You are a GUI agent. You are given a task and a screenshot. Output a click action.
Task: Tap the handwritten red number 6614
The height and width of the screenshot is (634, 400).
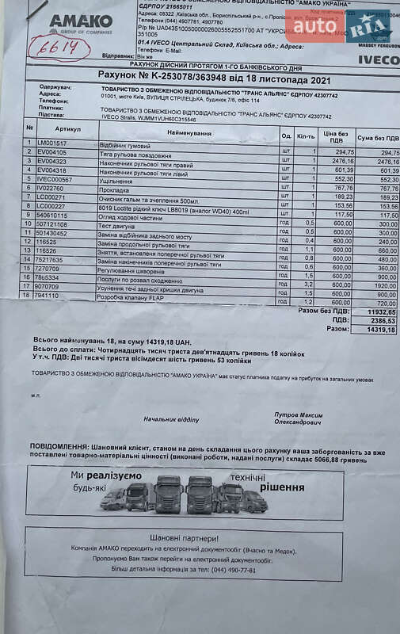pyautogui.click(x=59, y=48)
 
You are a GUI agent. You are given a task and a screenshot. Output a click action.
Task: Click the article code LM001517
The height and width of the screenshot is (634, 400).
pyautogui.click(x=52, y=143)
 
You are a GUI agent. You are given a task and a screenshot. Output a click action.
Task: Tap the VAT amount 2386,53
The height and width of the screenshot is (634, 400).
pyautogui.click(x=380, y=320)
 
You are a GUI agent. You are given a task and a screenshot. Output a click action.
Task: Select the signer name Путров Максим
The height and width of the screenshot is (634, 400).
pyautogui.click(x=298, y=414)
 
